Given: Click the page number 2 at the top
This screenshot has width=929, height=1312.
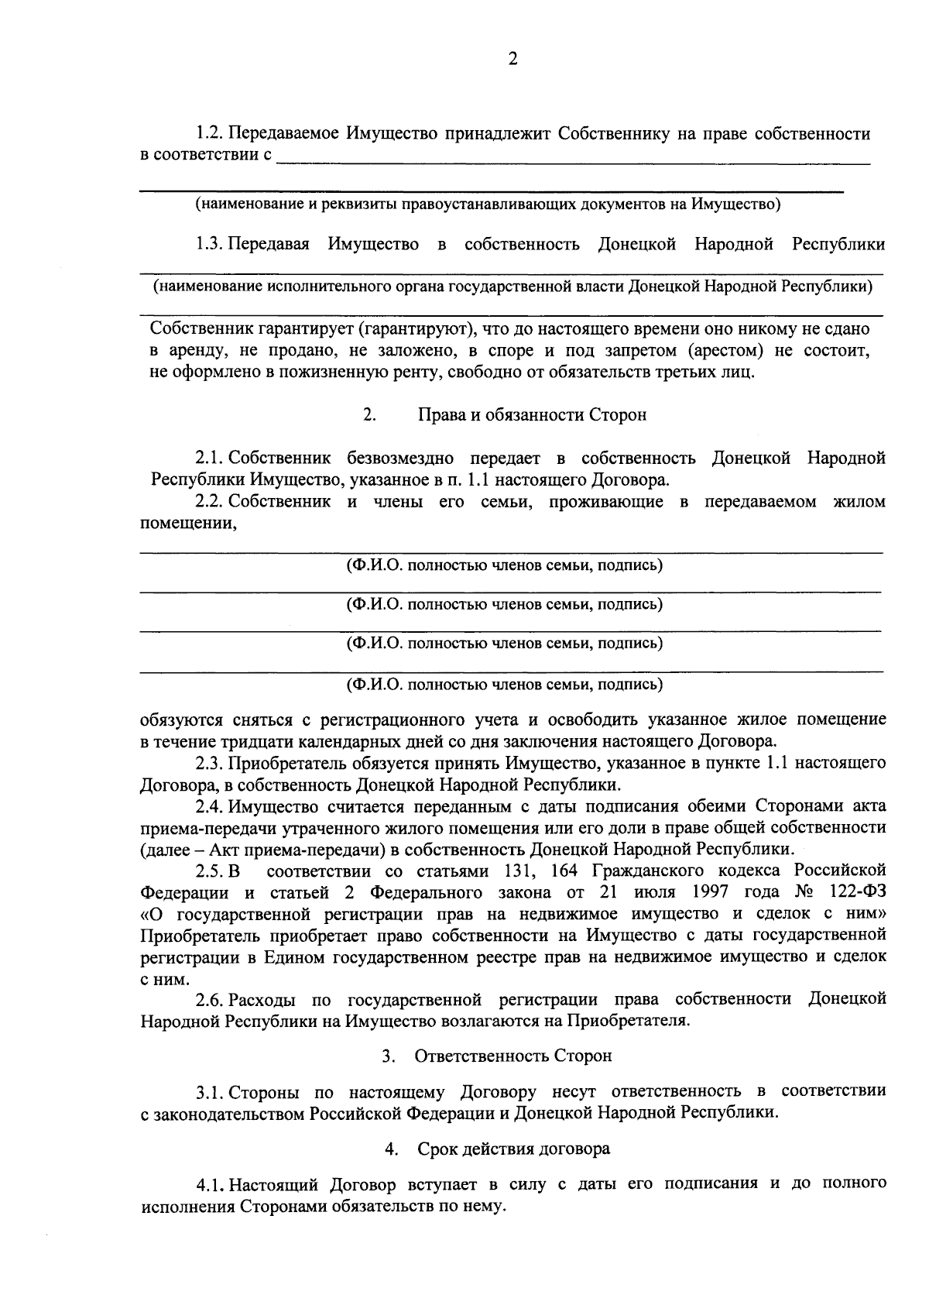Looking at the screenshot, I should [x=512, y=59].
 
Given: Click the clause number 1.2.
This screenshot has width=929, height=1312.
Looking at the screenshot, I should [x=209, y=134].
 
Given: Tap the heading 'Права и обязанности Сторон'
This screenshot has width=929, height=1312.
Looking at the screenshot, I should [x=532, y=414].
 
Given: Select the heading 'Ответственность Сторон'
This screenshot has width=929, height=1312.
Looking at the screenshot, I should [x=512, y=1056].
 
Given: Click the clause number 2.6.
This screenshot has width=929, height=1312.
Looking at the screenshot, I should [x=209, y=999].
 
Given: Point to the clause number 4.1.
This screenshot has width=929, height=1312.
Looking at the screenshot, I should [x=210, y=1185].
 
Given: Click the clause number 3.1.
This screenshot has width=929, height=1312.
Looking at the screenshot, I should [x=209, y=1092].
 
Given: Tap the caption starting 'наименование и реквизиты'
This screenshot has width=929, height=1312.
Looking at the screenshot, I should [x=488, y=204].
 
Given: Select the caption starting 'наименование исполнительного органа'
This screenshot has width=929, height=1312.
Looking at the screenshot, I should [x=512, y=287].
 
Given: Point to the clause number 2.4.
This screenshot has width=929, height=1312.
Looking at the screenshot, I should [x=209, y=807].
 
